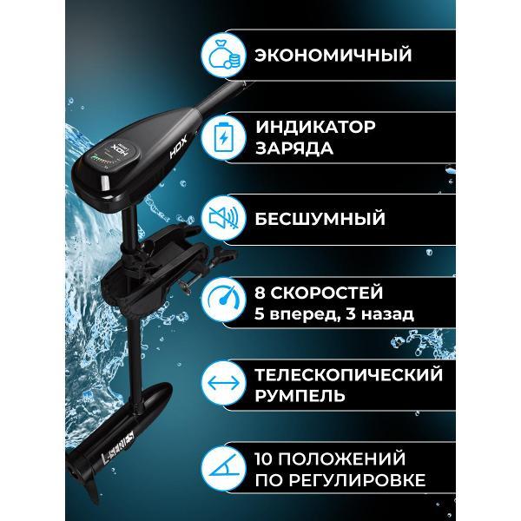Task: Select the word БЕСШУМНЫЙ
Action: [320, 219]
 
